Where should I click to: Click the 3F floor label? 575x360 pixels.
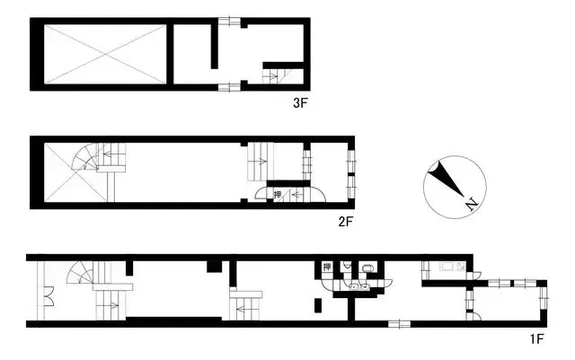pyautogui.click(x=300, y=103)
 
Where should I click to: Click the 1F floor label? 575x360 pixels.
pyautogui.click(x=536, y=338)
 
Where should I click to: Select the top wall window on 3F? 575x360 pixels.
pyautogui.click(x=229, y=21)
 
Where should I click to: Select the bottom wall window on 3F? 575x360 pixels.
pyautogui.click(x=229, y=86)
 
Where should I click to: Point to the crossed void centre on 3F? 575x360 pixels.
pyautogui.click(x=105, y=54)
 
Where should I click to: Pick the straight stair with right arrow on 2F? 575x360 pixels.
pyautogui.click(x=259, y=162)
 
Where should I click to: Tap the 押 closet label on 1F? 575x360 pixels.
pyautogui.click(x=326, y=267)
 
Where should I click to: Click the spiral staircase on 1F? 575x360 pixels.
pyautogui.click(x=85, y=273)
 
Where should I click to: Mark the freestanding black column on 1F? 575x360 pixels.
pyautogui.click(x=316, y=304)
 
